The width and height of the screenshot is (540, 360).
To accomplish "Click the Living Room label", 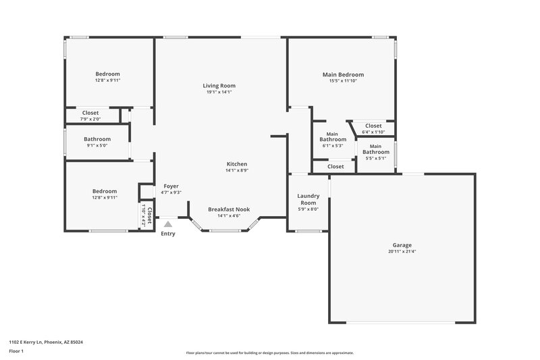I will (x=219, y=86).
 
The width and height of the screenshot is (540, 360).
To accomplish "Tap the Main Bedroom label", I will (x=346, y=74).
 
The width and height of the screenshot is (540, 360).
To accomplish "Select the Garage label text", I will (x=402, y=245).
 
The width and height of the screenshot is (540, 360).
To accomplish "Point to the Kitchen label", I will (x=236, y=164).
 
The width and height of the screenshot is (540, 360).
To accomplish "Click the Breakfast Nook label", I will (x=226, y=209).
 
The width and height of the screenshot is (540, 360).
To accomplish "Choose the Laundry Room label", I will (x=308, y=199).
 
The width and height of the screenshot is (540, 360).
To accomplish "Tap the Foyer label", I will (x=171, y=186).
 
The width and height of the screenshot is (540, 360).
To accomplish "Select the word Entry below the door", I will (x=168, y=234).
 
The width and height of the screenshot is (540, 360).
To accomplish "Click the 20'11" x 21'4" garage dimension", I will (x=402, y=252).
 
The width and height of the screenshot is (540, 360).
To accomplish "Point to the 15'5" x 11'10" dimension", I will (x=346, y=81).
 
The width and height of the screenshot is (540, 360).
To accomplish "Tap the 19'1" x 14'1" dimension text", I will (x=219, y=93).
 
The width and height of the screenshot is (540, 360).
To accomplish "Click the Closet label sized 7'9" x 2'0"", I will (x=90, y=113).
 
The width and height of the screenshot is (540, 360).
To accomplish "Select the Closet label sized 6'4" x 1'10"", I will (x=373, y=126).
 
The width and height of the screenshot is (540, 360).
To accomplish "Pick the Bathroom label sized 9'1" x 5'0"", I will (x=97, y=139).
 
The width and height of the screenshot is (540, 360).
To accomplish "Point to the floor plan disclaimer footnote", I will (x=270, y=353).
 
